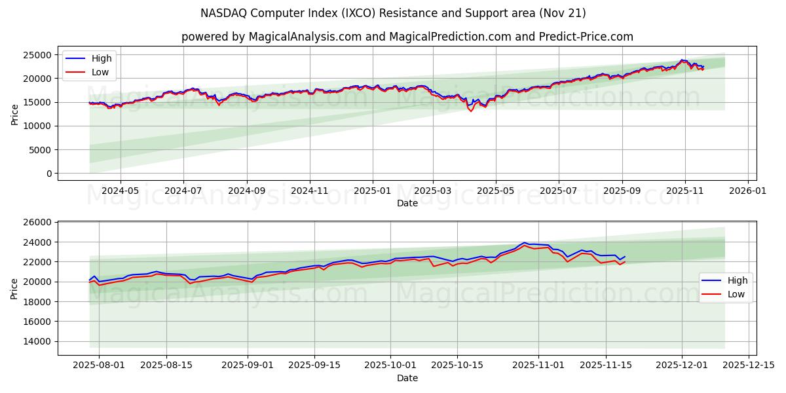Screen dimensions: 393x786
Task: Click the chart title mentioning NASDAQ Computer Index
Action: (393, 13)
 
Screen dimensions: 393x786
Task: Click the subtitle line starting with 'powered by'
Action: (407, 37)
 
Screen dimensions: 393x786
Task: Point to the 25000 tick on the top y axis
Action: (39, 55)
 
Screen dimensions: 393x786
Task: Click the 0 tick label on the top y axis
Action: (49, 174)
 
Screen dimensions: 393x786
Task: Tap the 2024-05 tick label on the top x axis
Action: (121, 191)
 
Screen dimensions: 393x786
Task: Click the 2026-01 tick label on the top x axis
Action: (747, 191)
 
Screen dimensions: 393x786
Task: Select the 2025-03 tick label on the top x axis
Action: (433, 191)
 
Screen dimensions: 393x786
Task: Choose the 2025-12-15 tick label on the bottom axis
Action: (747, 365)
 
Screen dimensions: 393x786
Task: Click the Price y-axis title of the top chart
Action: (15, 114)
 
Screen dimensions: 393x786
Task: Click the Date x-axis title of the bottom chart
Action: (407, 378)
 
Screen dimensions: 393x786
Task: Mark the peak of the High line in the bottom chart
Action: (524, 243)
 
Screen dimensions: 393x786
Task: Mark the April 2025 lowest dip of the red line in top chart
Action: (470, 111)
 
